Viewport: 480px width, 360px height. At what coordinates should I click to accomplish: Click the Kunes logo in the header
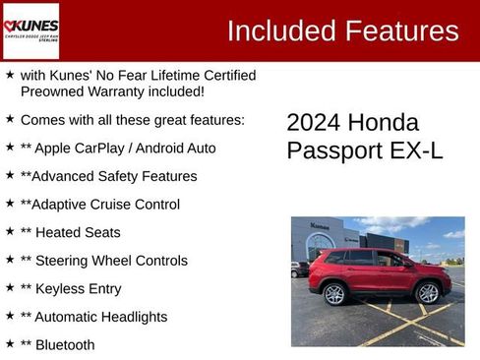tap(31, 30)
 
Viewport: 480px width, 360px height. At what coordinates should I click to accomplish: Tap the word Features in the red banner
tap(400, 30)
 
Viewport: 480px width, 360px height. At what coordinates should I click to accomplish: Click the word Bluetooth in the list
tap(66, 345)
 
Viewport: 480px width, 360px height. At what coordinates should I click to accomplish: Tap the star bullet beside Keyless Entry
tap(10, 288)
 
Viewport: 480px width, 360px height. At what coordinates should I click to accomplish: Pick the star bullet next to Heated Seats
tap(10, 232)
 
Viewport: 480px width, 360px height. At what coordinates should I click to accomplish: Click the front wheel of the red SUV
tap(428, 293)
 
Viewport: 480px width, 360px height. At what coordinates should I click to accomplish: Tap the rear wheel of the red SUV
tap(334, 293)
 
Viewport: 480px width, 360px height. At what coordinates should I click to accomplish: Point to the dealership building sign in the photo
tap(321, 225)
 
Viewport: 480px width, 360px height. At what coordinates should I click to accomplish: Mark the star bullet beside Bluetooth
tap(10, 344)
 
